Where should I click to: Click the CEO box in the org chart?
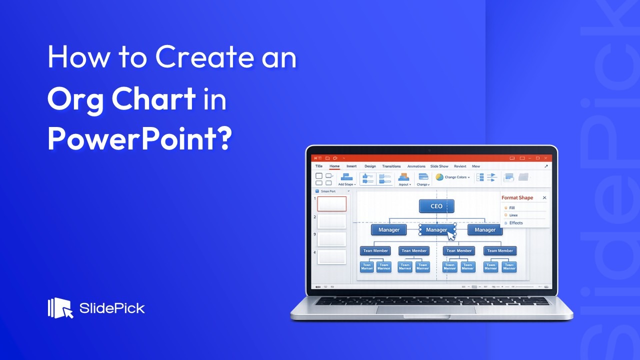tap(436, 206)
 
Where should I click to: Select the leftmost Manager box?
tap(388, 230)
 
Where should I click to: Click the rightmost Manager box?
tap(484, 230)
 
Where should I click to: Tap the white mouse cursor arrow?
tap(451, 235)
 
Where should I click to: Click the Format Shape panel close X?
tap(544, 198)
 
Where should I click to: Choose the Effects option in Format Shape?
tap(515, 223)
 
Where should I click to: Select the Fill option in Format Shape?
tap(512, 207)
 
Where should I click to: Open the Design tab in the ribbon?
tap(370, 166)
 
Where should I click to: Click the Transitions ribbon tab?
tap(391, 166)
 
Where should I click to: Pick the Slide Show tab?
tap(439, 166)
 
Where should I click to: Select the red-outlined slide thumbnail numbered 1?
tap(331, 203)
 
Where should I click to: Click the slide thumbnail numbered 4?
tap(331, 257)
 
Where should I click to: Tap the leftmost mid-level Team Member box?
tap(375, 250)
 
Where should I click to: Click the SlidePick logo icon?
tap(60, 308)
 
